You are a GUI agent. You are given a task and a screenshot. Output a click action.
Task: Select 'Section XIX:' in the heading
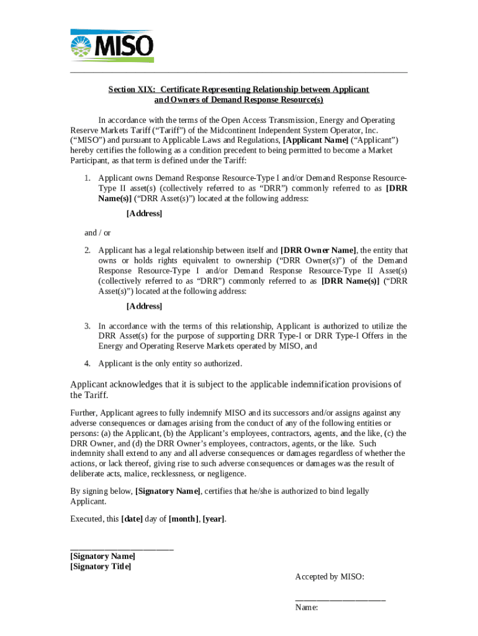(132, 89)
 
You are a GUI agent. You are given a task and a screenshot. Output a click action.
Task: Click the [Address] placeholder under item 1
(144, 213)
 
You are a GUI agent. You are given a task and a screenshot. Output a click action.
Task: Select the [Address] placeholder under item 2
(144, 306)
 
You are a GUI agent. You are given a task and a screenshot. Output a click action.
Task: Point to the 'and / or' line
(97, 232)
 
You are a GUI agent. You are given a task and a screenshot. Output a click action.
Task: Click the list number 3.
(88, 325)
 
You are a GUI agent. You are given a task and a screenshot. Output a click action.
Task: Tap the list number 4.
(88, 363)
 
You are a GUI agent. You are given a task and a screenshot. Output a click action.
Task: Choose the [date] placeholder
(132, 519)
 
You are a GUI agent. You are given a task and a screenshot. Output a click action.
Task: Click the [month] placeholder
(184, 519)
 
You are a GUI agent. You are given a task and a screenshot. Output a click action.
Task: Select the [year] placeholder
(214, 519)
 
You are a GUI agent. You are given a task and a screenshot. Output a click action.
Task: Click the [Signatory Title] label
(101, 566)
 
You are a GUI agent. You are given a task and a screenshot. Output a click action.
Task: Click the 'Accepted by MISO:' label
(329, 577)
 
